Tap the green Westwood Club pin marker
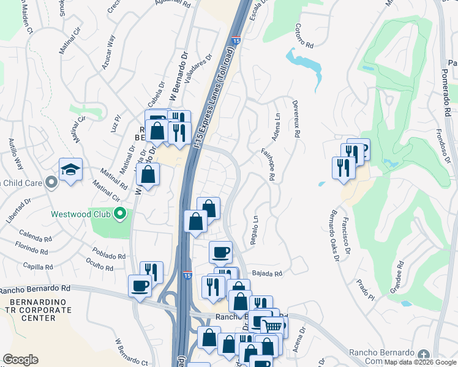[x=121, y=214]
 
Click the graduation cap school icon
[x=70, y=169]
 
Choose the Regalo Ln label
[x=253, y=230]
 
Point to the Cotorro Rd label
[x=304, y=36]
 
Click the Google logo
[x=20, y=360]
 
